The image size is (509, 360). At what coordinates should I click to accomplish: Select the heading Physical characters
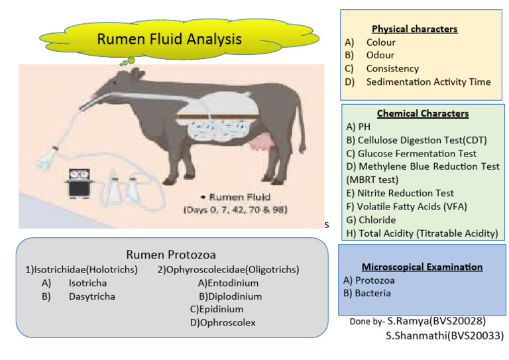coord(414,29)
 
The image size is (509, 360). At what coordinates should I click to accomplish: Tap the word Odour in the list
coord(380,56)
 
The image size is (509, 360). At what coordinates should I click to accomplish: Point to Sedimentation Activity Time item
coord(428,82)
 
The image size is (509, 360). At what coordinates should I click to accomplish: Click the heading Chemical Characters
coord(423,114)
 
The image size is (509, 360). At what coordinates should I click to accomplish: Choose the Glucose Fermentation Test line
coord(411,153)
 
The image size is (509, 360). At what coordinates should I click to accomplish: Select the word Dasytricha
coord(91,296)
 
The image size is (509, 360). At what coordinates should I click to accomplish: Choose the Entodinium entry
coord(228,283)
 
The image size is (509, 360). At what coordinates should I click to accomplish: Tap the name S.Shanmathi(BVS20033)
coord(445,335)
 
